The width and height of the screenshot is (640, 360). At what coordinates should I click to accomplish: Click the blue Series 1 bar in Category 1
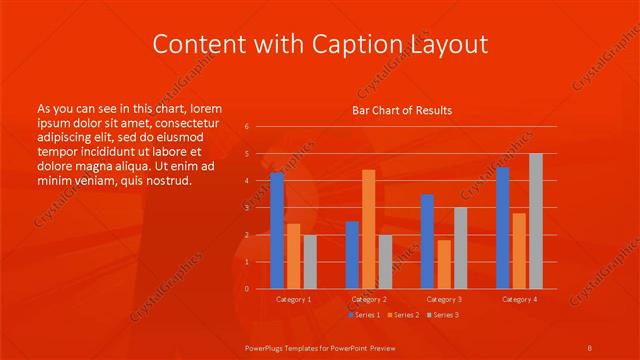[x=277, y=230]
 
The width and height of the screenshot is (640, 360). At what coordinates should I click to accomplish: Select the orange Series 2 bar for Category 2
[x=369, y=229]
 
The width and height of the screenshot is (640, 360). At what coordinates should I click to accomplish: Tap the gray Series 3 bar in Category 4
[x=536, y=221]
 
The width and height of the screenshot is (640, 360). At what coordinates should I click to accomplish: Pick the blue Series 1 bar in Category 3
[x=427, y=241]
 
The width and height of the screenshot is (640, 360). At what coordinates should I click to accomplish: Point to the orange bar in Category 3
[x=444, y=264]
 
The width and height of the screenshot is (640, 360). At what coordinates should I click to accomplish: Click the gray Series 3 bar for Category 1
[x=310, y=262]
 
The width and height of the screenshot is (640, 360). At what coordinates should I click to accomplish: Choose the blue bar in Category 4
[x=502, y=228]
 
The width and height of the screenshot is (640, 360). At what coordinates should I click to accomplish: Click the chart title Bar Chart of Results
[x=402, y=110]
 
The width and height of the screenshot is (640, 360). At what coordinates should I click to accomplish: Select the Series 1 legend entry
[x=363, y=315]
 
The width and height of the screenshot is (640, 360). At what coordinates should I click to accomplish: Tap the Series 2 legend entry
[x=402, y=315]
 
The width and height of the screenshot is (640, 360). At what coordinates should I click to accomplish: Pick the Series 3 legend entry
[x=443, y=315]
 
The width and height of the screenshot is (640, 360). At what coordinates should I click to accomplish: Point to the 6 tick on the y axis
[x=247, y=127]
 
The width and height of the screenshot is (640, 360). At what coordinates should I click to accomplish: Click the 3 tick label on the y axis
[x=247, y=208]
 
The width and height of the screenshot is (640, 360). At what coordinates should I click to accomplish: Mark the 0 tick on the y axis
[x=247, y=289]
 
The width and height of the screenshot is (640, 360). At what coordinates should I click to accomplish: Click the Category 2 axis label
[x=369, y=299]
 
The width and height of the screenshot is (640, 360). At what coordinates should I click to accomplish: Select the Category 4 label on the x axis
[x=519, y=299]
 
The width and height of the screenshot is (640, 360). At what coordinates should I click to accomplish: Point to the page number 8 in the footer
[x=590, y=347]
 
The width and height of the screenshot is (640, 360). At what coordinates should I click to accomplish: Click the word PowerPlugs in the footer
[x=266, y=347]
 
